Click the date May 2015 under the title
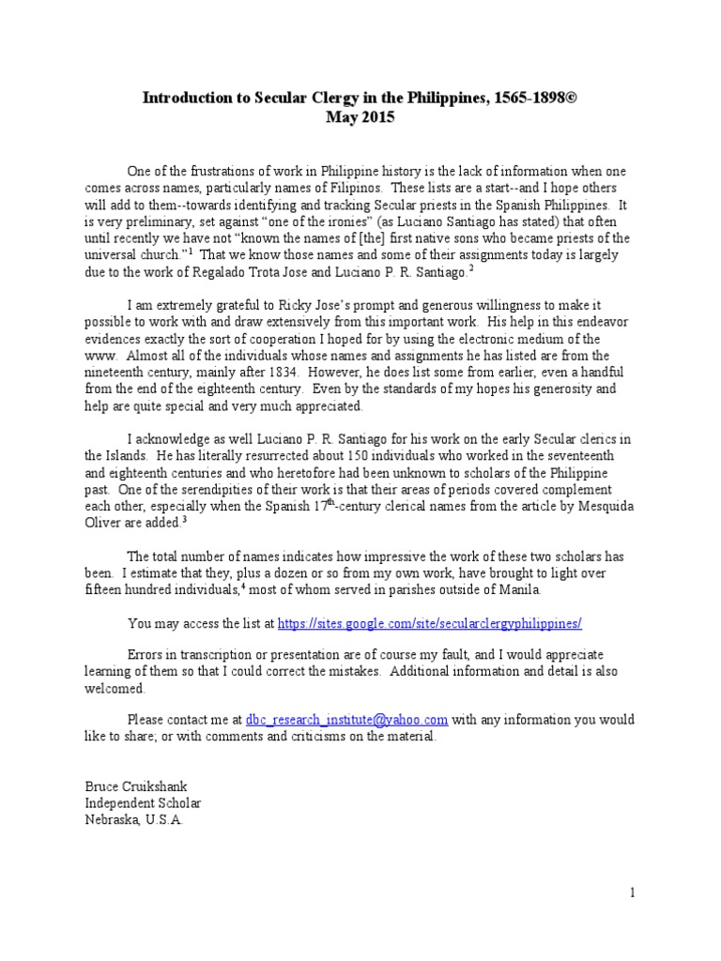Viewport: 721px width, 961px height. [360, 118]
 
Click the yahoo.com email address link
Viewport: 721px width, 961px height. [346, 720]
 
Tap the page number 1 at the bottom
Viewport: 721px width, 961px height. [633, 893]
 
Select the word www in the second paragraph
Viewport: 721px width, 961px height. [98, 356]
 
